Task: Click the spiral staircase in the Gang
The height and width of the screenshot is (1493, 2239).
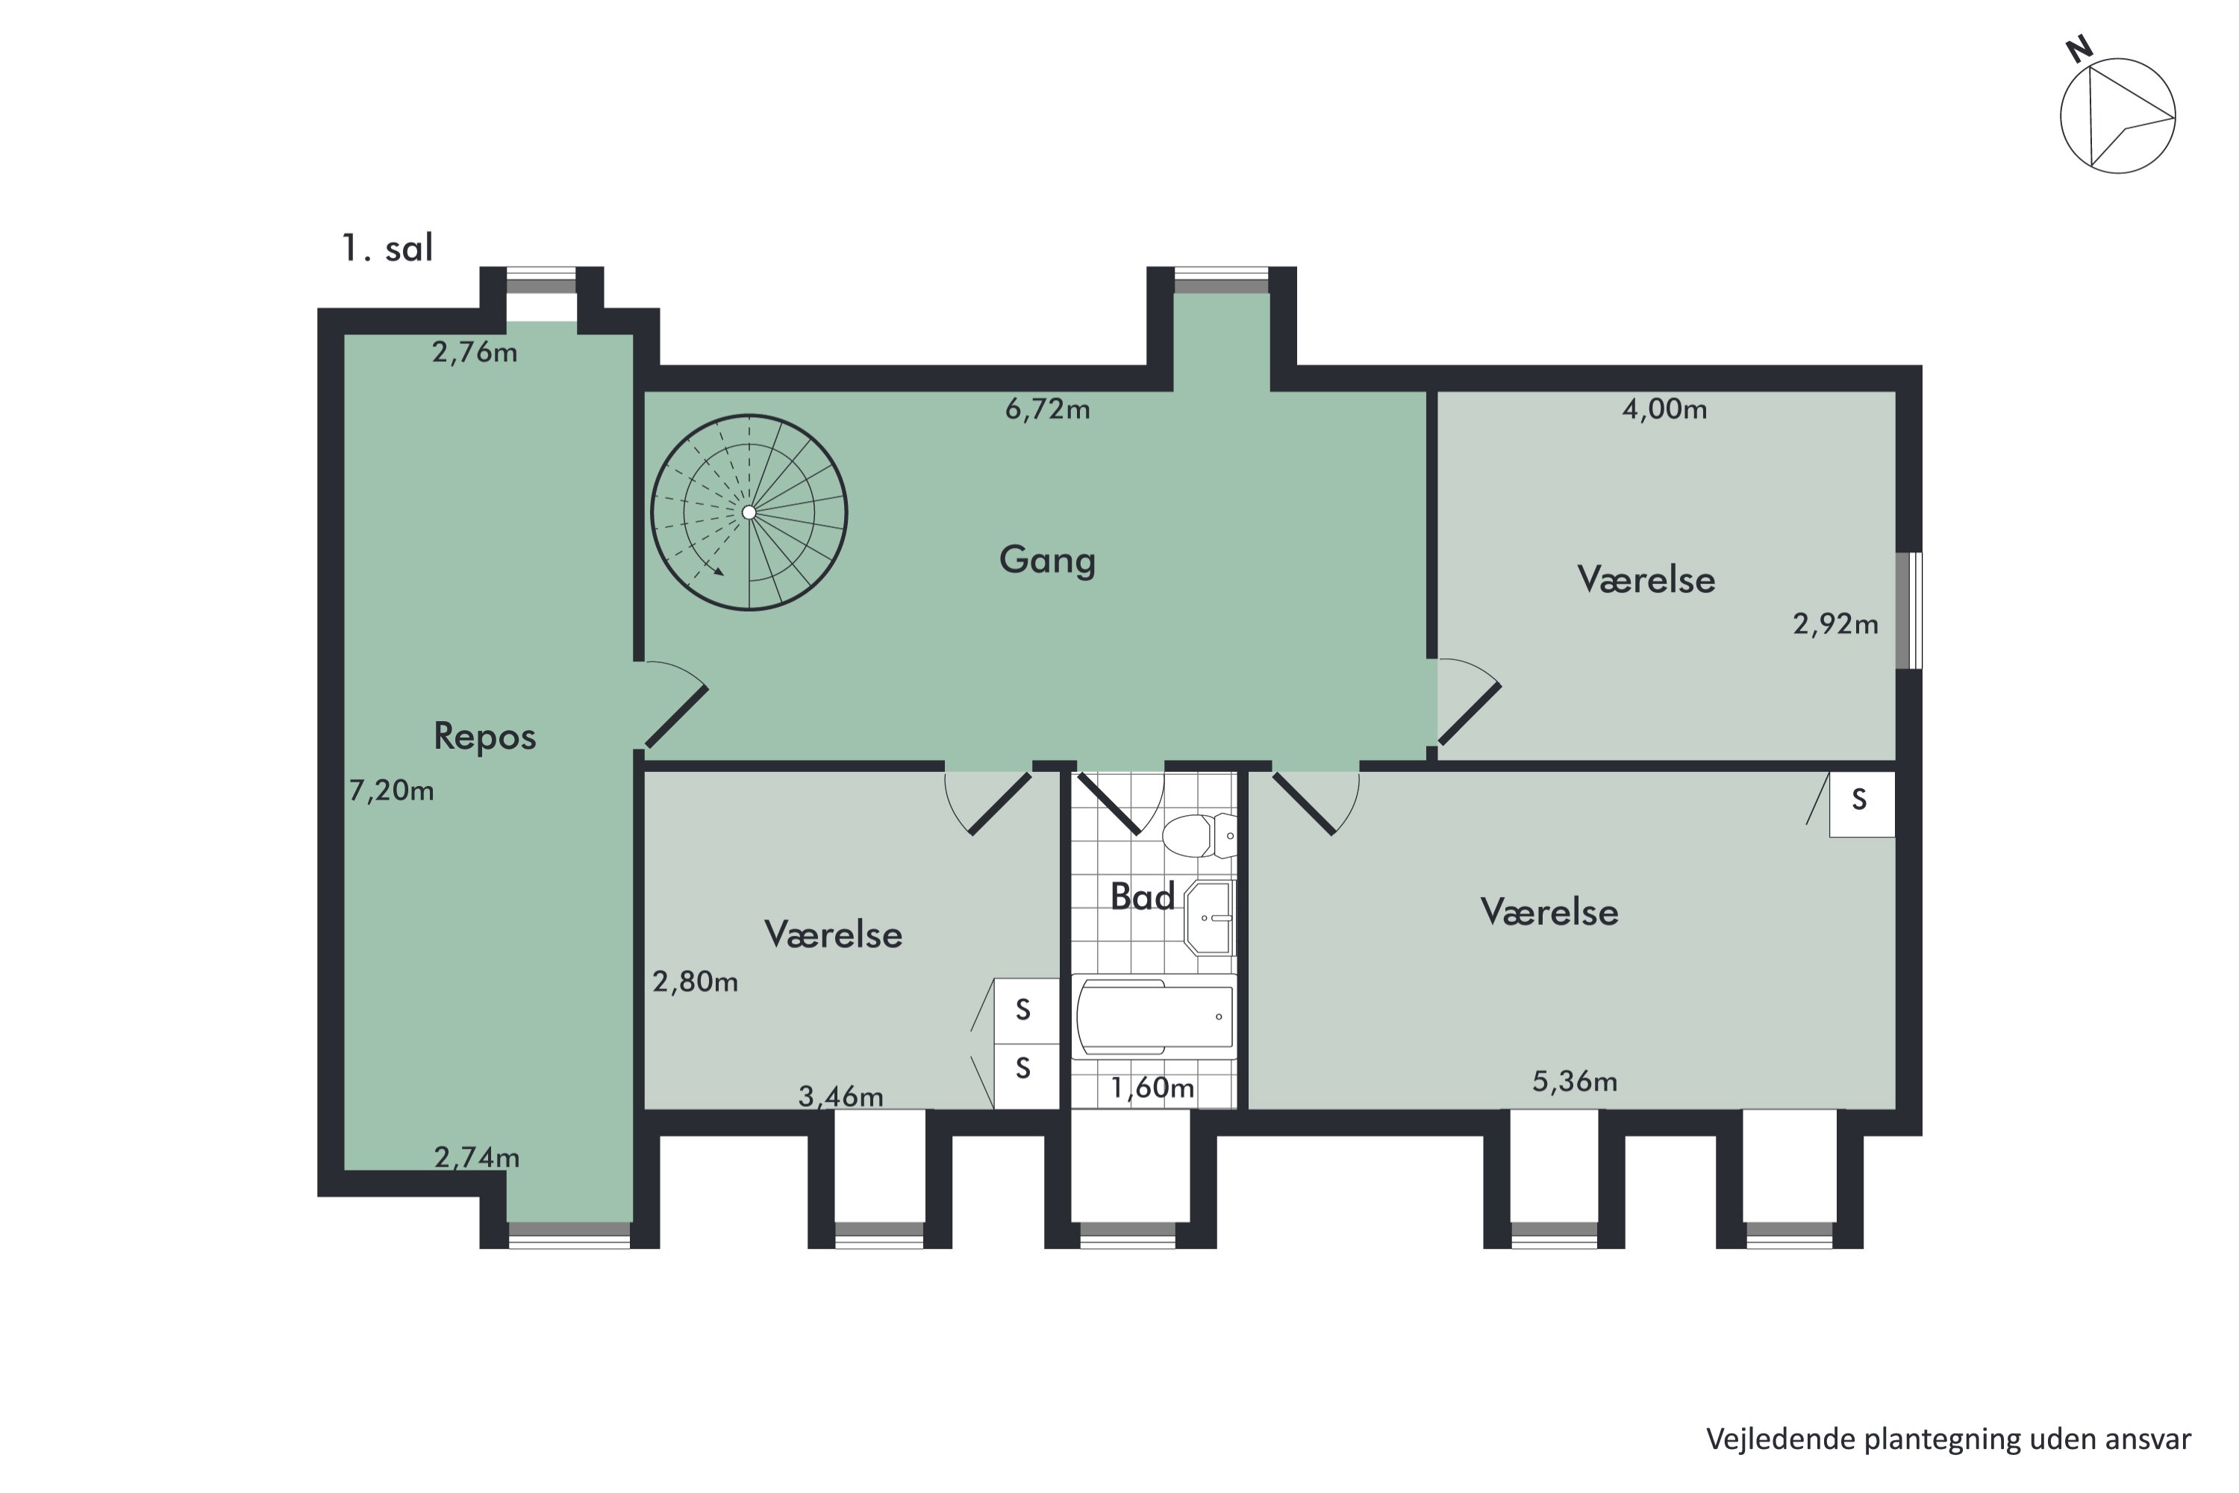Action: [x=749, y=512]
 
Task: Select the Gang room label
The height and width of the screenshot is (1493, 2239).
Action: [x=1047, y=560]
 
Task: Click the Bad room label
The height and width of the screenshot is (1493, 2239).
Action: [x=1143, y=896]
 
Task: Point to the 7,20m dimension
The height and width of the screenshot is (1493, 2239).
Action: [x=391, y=791]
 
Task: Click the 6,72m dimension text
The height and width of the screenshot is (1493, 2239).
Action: [x=1047, y=409]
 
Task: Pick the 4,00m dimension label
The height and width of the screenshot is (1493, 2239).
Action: [x=1664, y=409]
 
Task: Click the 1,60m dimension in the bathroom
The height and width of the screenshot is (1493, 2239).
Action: [x=1152, y=1088]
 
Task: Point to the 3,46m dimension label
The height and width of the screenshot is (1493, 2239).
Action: [x=840, y=1097]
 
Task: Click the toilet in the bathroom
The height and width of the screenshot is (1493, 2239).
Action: [x=1199, y=835]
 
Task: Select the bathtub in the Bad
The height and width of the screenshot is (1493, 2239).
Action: [x=1154, y=1017]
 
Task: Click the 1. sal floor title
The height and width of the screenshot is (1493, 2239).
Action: [x=387, y=249]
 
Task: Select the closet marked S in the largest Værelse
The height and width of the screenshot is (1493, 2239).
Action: [x=1861, y=804]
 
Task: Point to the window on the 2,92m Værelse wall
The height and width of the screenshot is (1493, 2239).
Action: [x=1908, y=611]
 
